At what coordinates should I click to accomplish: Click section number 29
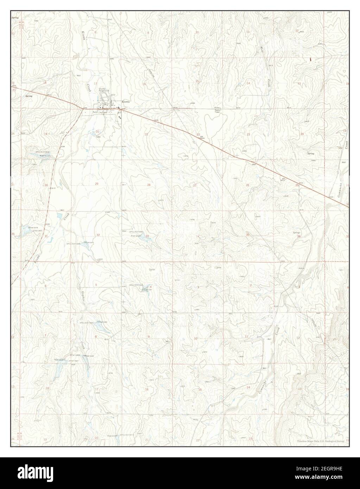[x=97, y=184]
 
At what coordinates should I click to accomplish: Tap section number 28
[x=149, y=185]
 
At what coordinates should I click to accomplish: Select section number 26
[x=247, y=185]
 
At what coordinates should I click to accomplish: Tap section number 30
[x=46, y=185]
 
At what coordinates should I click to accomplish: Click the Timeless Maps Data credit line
[x=320, y=441]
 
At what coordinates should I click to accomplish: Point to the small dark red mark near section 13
[x=310, y=59]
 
